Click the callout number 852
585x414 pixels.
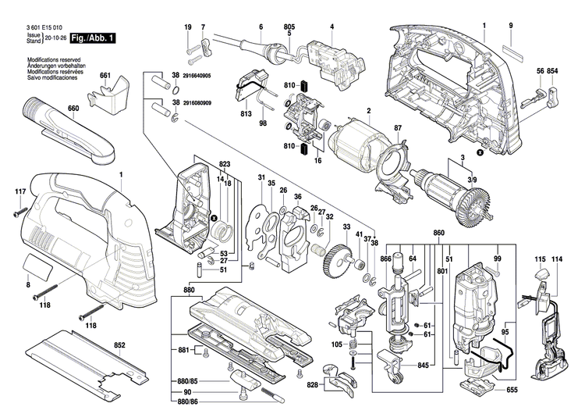119,344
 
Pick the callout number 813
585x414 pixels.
246,114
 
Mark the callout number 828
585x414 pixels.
313,386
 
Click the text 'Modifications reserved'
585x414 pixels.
50,60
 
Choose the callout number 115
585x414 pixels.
540,259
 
